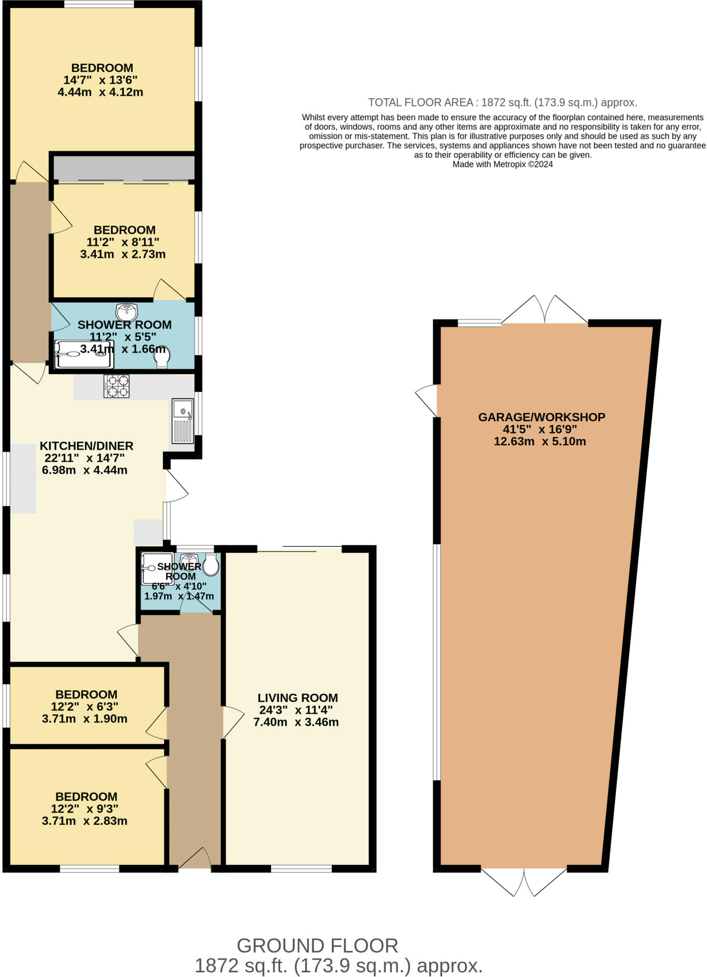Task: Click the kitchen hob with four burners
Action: click(116, 386)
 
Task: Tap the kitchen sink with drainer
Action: click(183, 421)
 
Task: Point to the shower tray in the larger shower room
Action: click(84, 354)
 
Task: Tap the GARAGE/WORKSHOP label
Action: click(541, 417)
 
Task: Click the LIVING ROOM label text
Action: click(297, 698)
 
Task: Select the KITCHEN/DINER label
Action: click(86, 446)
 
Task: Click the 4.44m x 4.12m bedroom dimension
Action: click(100, 92)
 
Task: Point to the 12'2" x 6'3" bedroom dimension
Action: click(85, 707)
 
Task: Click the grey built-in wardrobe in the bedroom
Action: click(123, 168)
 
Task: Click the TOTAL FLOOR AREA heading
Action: click(502, 103)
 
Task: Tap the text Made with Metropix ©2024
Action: click(502, 165)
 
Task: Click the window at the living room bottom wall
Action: click(301, 869)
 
